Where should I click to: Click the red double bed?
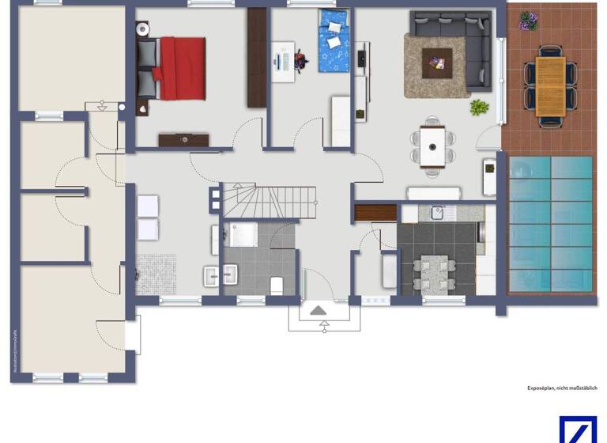click(179, 68)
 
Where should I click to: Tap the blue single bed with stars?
click(333, 40)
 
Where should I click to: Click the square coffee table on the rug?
click(436, 60)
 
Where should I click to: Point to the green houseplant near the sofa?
click(479, 107)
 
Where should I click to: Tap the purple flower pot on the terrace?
click(528, 21)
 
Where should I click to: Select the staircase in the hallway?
click(269, 201)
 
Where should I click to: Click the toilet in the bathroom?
click(277, 284)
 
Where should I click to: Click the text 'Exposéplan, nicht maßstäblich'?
click(562, 388)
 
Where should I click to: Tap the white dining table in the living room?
click(432, 146)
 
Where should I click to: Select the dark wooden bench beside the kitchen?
click(375, 213)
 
